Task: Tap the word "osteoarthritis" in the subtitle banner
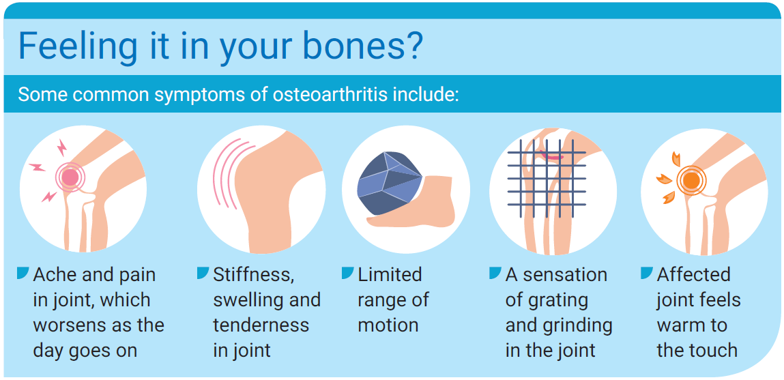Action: [x=330, y=95]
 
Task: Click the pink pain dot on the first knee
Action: [x=70, y=177]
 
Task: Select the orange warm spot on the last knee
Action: [x=691, y=180]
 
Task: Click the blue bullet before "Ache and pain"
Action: [x=23, y=273]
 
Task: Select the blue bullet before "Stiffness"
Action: [x=203, y=273]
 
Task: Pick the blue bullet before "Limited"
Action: [x=347, y=273]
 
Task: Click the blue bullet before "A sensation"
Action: [x=495, y=273]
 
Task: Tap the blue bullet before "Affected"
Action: [x=646, y=273]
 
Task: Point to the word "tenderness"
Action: [x=261, y=325]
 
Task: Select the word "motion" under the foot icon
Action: [x=388, y=325]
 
